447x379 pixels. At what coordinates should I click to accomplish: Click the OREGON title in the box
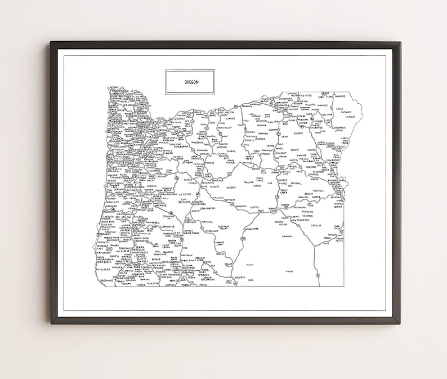pyautogui.click(x=190, y=82)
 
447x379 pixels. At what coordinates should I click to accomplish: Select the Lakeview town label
pyautogui.click(x=239, y=277)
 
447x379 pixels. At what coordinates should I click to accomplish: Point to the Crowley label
pyautogui.click(x=315, y=226)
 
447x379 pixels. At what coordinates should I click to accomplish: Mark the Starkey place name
pyautogui.click(x=298, y=134)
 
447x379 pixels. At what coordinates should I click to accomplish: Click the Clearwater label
pyautogui.click(x=166, y=226)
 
